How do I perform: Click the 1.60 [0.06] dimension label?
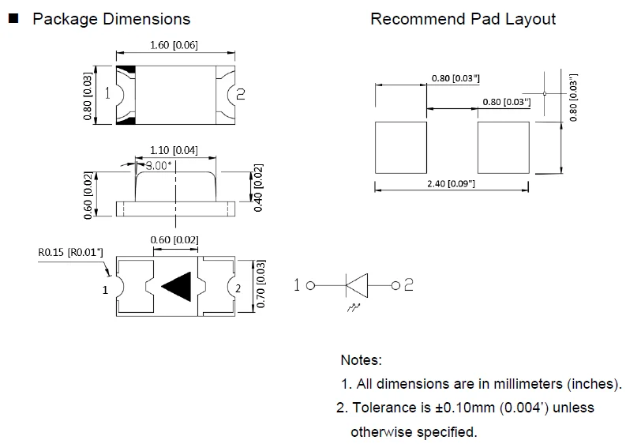click(174, 45)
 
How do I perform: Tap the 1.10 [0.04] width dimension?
click(174, 151)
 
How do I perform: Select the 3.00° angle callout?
click(159, 166)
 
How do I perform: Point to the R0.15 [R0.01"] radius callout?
click(71, 252)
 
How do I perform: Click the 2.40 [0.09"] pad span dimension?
click(452, 184)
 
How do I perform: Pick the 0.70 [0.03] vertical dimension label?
click(261, 284)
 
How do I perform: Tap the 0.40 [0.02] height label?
click(258, 188)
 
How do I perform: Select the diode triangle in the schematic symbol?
click(357, 285)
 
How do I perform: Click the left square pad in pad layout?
click(401, 147)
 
